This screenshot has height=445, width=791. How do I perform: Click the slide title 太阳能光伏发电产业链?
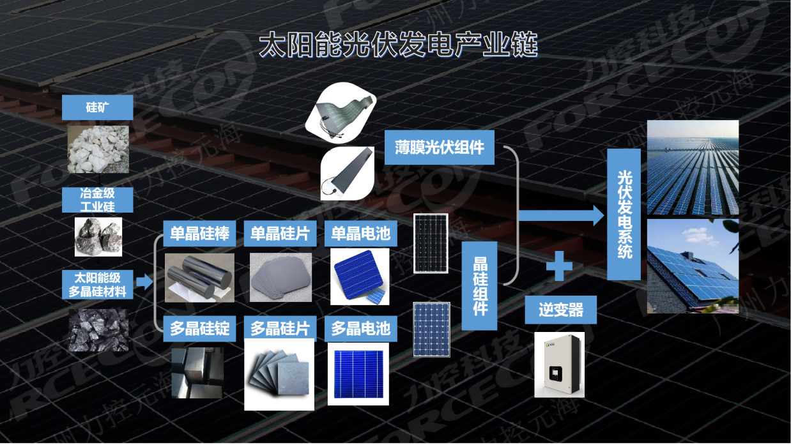(398, 45)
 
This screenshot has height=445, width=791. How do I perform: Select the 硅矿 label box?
(98, 107)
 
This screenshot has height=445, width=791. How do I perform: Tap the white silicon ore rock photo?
(98, 149)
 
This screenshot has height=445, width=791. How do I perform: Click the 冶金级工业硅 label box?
(98, 200)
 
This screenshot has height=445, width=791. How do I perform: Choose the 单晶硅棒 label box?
(200, 234)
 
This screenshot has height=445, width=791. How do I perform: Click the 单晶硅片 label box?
(280, 234)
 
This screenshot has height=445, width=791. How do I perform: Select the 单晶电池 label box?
(360, 234)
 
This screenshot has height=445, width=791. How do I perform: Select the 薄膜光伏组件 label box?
(440, 148)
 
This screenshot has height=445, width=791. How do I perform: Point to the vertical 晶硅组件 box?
(479, 285)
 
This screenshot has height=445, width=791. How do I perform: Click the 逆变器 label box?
(560, 310)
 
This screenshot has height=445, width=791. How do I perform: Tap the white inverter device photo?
(559, 365)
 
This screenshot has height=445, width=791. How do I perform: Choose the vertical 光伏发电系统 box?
(624, 215)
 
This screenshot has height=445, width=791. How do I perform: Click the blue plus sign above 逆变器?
(559, 266)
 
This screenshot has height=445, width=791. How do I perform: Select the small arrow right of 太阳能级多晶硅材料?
(144, 282)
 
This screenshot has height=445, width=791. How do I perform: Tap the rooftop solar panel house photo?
(693, 266)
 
